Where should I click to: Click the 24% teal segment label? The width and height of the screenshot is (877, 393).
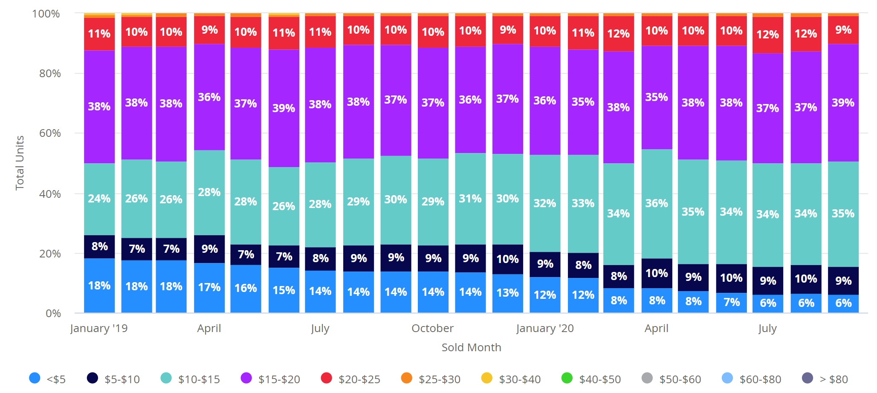click(99, 199)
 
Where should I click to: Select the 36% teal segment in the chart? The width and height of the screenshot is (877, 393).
click(657, 203)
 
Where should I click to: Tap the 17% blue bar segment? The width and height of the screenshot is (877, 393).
click(209, 288)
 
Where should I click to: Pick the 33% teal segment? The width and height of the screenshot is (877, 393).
click(583, 203)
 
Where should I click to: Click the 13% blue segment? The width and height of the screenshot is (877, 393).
click(507, 293)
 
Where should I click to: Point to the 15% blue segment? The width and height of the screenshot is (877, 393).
click(284, 290)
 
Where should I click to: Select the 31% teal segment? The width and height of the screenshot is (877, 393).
click(470, 199)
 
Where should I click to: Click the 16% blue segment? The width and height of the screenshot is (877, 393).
click(246, 289)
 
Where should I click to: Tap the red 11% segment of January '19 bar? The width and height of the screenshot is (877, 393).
click(99, 34)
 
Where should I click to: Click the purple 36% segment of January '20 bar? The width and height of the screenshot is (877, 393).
click(545, 101)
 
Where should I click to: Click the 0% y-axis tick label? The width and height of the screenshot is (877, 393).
click(53, 313)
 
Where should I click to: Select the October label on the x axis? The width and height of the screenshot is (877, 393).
click(432, 328)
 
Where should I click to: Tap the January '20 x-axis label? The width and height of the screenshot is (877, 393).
click(545, 328)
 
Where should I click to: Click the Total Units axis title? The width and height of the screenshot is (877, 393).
click(20, 163)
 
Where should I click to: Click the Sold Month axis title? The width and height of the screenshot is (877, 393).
click(471, 347)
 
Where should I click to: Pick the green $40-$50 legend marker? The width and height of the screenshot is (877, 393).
click(567, 378)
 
